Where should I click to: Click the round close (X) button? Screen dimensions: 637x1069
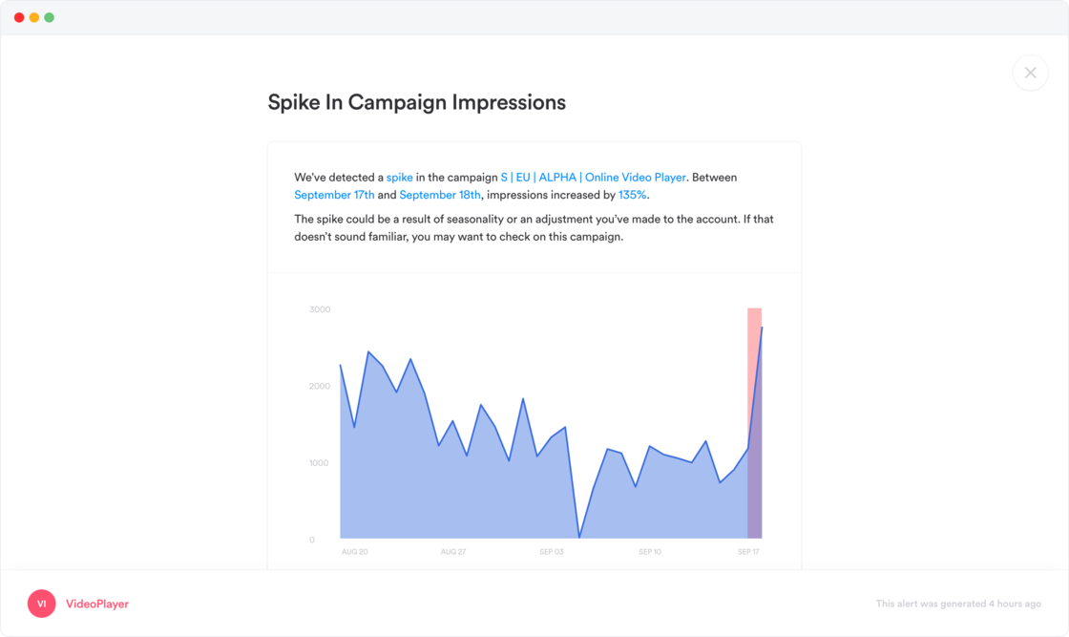click(1030, 73)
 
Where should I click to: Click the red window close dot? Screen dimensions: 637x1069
click(19, 17)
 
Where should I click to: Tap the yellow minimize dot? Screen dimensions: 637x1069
click(34, 17)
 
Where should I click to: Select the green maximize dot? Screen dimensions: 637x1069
click(50, 17)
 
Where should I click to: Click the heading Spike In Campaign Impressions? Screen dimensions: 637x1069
click(416, 102)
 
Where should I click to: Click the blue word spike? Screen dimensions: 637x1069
click(399, 178)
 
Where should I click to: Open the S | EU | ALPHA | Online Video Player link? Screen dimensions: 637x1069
click(593, 178)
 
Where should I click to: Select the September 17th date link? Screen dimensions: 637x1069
click(334, 195)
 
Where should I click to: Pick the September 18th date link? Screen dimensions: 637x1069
click(440, 195)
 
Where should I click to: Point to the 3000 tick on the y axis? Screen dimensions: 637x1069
click(319, 309)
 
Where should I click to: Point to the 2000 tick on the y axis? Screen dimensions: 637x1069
click(319, 386)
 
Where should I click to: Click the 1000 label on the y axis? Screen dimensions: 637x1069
click(319, 463)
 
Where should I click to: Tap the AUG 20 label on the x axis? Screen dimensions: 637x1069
click(354, 552)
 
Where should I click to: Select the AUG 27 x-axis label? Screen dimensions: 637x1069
click(452, 552)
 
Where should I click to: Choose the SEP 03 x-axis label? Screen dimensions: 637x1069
click(552, 552)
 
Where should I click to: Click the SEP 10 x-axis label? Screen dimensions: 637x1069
click(650, 552)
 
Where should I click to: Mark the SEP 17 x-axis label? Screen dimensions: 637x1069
click(749, 552)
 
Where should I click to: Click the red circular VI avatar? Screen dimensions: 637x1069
click(42, 604)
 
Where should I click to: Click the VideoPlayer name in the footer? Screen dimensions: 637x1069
click(97, 604)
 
